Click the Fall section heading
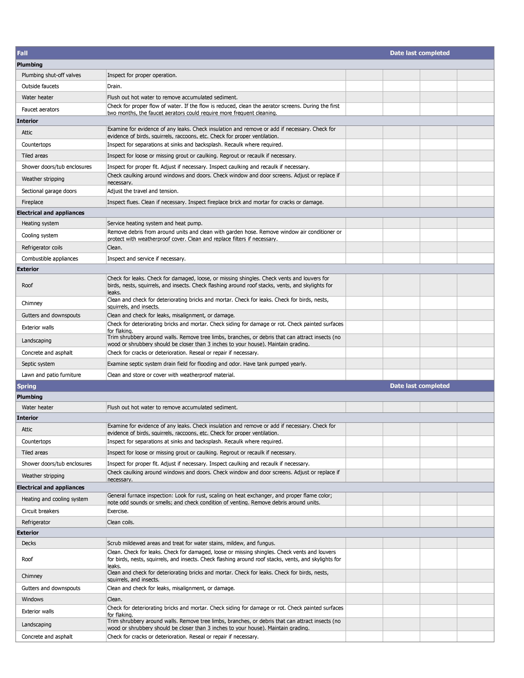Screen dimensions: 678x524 click(x=22, y=53)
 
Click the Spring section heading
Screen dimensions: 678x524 click(x=27, y=386)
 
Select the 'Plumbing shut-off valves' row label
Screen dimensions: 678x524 click(x=51, y=75)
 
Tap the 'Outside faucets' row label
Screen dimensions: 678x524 click(x=40, y=86)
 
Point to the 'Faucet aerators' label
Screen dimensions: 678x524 click(x=40, y=109)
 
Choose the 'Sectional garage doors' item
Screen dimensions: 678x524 click(x=49, y=191)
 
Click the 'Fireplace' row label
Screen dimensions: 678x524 click(x=32, y=202)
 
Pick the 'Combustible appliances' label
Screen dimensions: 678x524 click(x=50, y=259)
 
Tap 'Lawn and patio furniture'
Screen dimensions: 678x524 click(x=51, y=375)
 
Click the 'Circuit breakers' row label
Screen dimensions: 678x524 click(x=40, y=511)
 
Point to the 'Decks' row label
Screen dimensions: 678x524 click(x=29, y=543)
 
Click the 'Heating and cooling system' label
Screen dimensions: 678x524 click(x=55, y=499)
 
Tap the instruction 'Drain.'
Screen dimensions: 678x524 click(x=114, y=86)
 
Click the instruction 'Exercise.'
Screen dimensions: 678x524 click(x=118, y=511)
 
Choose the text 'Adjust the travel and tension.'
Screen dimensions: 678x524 click(x=143, y=191)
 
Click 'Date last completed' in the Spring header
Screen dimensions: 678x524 click(x=420, y=386)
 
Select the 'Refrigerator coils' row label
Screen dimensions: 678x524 click(x=42, y=247)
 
